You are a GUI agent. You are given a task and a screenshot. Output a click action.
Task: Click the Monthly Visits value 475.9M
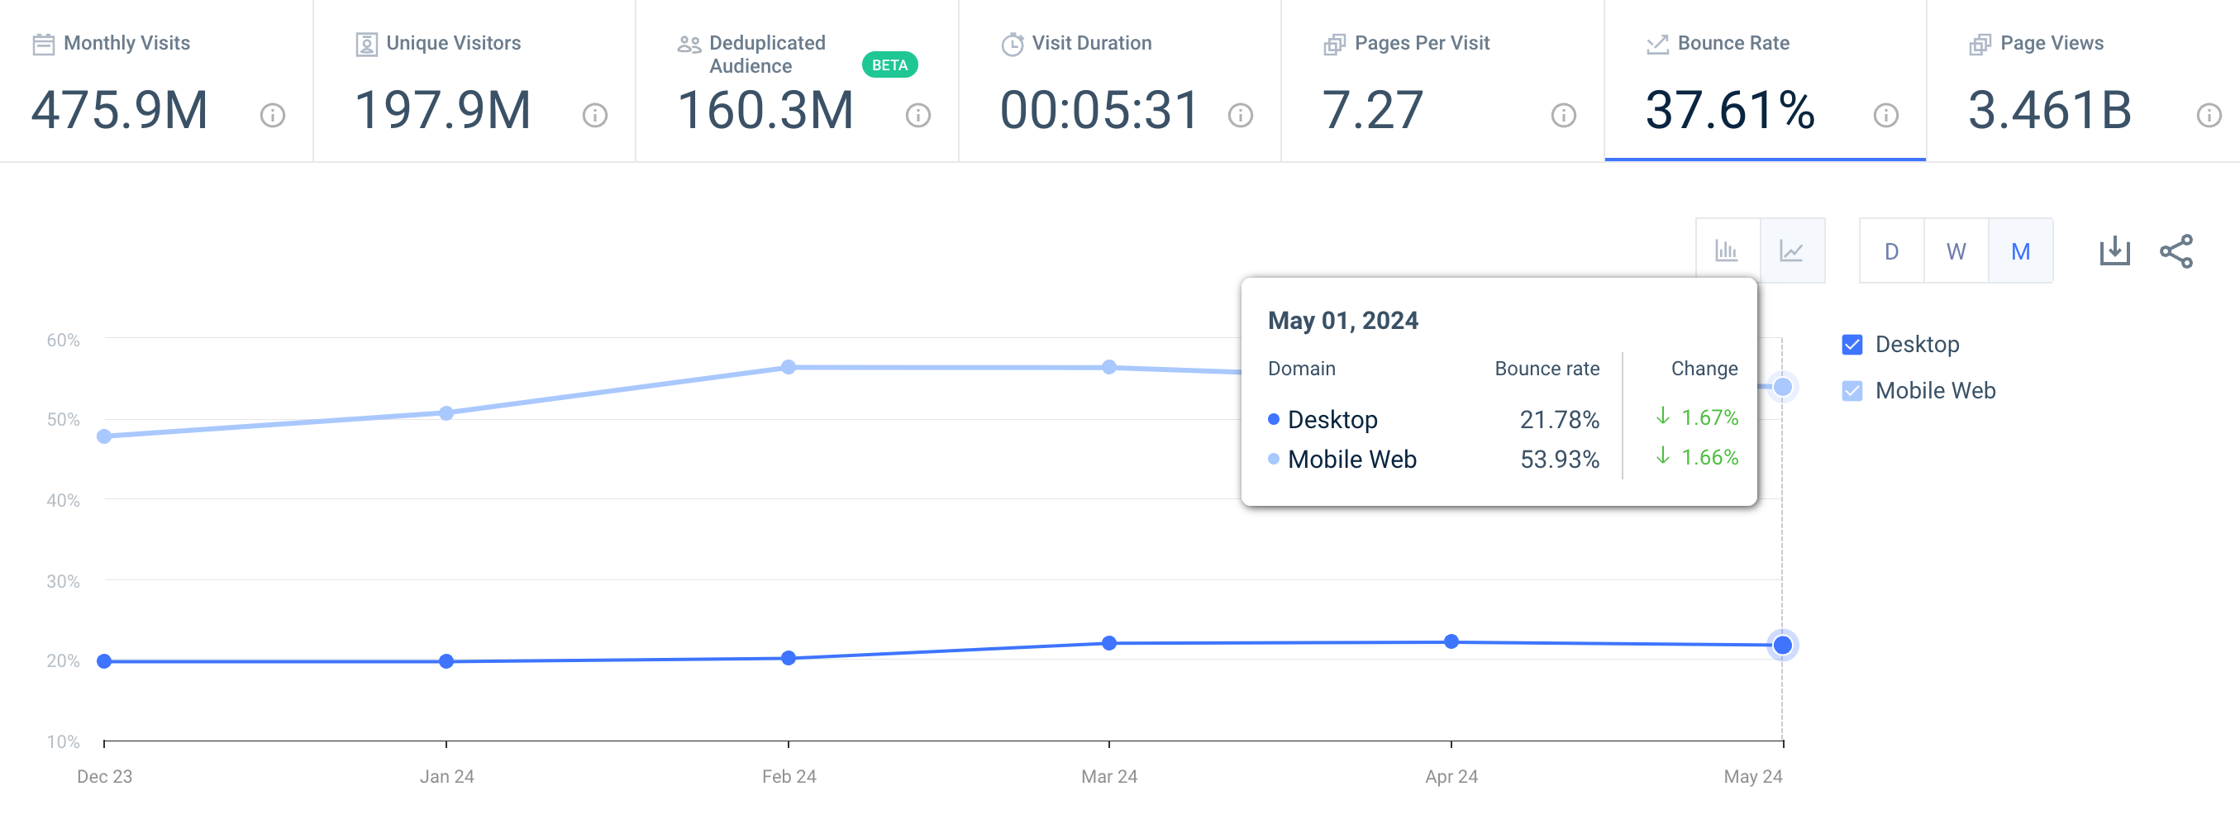point(120,111)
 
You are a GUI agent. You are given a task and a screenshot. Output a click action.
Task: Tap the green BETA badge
point(889,65)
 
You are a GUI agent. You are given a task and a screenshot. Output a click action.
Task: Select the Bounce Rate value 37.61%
point(1729,111)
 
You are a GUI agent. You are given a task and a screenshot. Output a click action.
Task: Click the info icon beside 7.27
point(1562,115)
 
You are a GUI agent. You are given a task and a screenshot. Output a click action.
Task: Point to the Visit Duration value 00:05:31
point(1099,111)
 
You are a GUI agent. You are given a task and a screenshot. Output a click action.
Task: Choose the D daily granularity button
point(1890,251)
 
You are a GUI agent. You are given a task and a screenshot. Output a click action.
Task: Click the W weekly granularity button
point(1956,251)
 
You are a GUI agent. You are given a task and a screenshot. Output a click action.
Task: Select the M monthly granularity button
point(2020,251)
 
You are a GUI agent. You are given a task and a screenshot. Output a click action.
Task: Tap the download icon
point(2114,251)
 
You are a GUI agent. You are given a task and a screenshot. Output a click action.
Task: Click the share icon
point(2176,251)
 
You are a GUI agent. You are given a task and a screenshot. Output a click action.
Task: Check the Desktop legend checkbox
point(1852,345)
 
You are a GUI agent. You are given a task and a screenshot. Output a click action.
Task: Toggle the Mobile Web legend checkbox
point(1852,390)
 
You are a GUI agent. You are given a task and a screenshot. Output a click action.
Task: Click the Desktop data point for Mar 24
point(1108,644)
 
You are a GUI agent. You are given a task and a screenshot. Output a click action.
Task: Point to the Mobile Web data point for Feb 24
point(788,367)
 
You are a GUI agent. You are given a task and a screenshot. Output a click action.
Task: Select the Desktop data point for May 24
point(1782,646)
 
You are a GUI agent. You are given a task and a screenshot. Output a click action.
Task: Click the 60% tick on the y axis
point(63,340)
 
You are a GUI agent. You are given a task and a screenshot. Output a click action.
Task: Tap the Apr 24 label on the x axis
point(1451,776)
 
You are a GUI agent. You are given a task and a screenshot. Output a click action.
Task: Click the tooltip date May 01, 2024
point(1342,321)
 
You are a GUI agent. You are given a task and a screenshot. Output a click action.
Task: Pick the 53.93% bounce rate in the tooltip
point(1559,460)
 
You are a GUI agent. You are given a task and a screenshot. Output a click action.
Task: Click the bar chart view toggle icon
point(1726,251)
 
